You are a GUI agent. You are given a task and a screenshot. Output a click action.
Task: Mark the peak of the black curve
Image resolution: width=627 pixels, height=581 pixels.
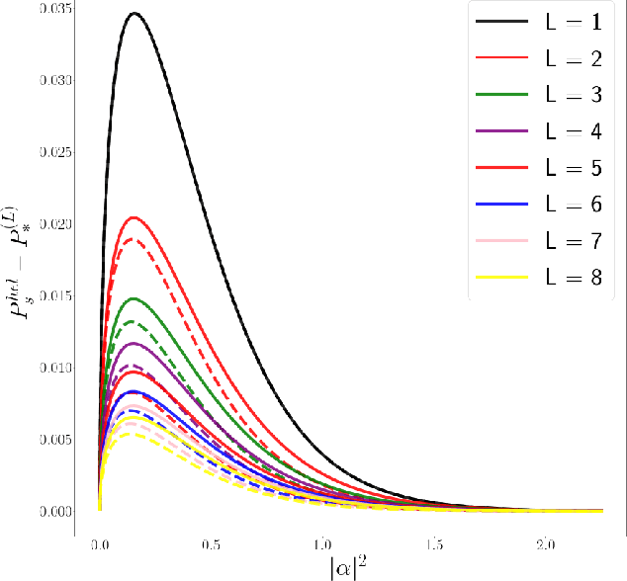pos(134,13)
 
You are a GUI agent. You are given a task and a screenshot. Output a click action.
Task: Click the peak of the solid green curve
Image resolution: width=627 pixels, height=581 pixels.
pos(134,298)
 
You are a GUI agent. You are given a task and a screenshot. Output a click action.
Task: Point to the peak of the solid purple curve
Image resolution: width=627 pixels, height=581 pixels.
pos(134,343)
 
